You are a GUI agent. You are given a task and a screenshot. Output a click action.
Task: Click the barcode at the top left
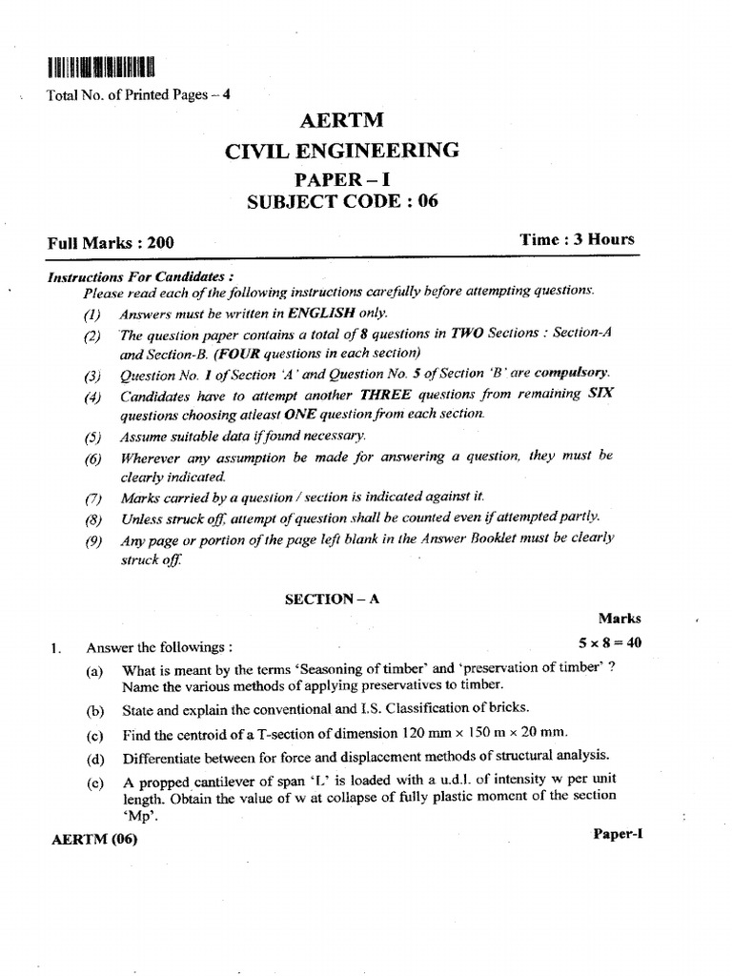(x=98, y=67)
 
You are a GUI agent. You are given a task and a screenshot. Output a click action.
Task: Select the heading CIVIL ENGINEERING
(x=340, y=150)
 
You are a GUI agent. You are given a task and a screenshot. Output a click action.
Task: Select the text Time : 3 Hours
(x=577, y=239)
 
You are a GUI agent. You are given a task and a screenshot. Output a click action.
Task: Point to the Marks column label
(x=620, y=618)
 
